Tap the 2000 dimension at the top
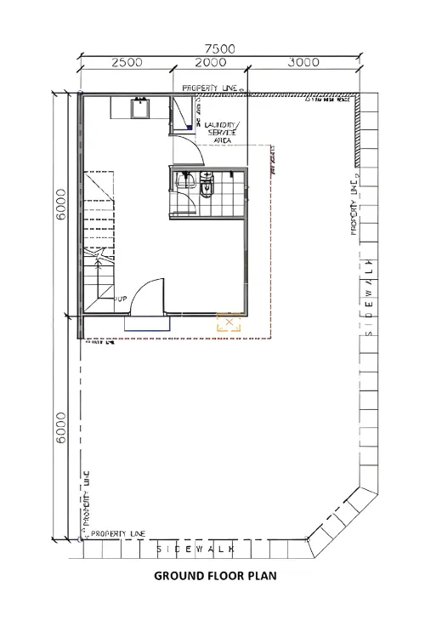[210, 63]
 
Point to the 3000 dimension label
[303, 63]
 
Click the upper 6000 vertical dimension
[60, 205]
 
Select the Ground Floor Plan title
[215, 576]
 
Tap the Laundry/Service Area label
[223, 134]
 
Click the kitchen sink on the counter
[139, 107]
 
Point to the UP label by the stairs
[122, 299]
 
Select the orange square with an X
[229, 322]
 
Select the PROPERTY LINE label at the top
[210, 88]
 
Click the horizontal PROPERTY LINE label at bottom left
[117, 534]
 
